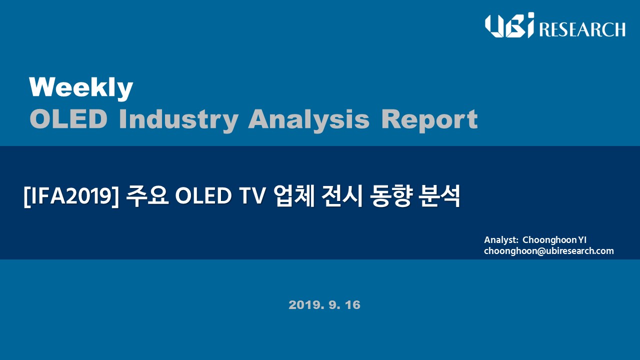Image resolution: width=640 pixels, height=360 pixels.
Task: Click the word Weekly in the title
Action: point(81,88)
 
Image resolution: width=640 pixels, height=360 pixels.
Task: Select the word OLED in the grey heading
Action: point(68,119)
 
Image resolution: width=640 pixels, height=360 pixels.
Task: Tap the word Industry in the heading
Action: point(178,120)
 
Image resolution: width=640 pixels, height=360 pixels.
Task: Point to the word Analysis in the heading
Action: point(309,120)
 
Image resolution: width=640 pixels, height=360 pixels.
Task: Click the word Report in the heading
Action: point(429,120)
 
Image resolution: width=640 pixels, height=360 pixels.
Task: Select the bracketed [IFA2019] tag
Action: point(71,196)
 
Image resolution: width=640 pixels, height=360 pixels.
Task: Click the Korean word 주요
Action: point(147,196)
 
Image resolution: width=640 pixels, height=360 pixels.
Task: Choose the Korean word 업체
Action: point(293,196)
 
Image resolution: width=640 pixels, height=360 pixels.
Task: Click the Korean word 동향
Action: point(390,196)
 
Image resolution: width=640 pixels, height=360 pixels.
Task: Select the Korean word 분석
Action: point(439,196)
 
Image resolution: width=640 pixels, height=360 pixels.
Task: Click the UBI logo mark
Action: point(509,25)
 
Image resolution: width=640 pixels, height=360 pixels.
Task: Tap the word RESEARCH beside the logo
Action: point(582,29)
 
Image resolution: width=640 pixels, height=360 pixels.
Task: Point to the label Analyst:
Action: point(501,240)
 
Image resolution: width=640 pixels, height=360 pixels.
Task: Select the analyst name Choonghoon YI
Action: point(554,240)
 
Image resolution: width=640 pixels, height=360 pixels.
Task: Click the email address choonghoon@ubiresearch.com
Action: point(549,251)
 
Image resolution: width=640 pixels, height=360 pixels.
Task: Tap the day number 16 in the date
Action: point(352,305)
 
